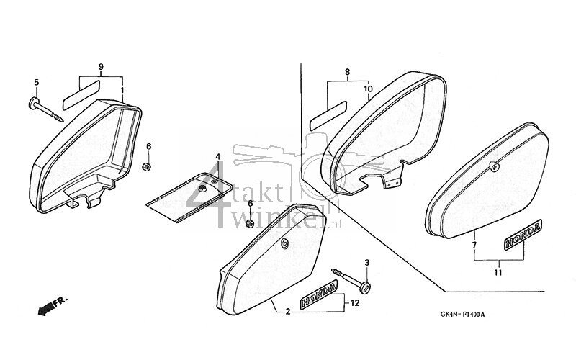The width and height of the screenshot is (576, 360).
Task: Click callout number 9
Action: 101,67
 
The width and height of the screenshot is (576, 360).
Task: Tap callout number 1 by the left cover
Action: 122,91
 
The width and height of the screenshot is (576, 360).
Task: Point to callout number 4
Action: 218,156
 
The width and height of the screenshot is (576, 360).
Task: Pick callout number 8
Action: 347,72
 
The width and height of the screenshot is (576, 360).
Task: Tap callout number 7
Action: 474,246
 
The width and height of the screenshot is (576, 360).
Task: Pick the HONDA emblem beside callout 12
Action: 318,292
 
